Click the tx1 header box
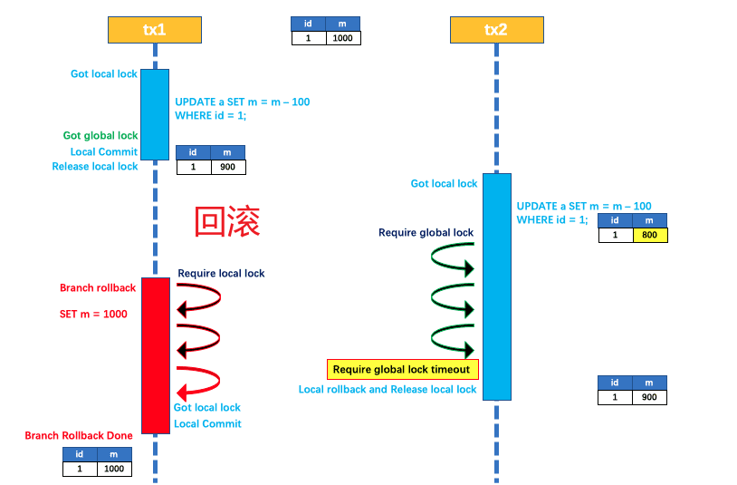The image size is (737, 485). pyautogui.click(x=155, y=30)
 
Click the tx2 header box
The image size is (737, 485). pyautogui.click(x=496, y=30)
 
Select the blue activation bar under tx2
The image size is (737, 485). pyautogui.click(x=496, y=286)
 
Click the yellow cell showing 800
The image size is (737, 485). pyautogui.click(x=648, y=235)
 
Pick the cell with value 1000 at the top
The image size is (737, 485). pyautogui.click(x=343, y=38)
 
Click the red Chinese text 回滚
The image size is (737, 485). pyautogui.click(x=227, y=221)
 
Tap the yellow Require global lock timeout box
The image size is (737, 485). pyautogui.click(x=401, y=369)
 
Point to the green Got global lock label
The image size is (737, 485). pyautogui.click(x=100, y=136)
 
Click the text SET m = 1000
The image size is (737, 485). pyautogui.click(x=93, y=314)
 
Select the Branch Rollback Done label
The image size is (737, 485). pyautogui.click(x=79, y=436)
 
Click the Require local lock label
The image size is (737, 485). pyautogui.click(x=221, y=273)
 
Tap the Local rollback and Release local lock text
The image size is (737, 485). pyautogui.click(x=388, y=390)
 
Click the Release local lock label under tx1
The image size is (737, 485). pyautogui.click(x=95, y=167)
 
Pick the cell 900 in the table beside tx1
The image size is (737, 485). pyautogui.click(x=227, y=167)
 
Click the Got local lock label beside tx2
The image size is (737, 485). pyautogui.click(x=444, y=184)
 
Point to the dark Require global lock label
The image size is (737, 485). pyautogui.click(x=426, y=233)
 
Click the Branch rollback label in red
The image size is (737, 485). pyautogui.click(x=98, y=288)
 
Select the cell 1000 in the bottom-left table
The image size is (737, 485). pyautogui.click(x=113, y=469)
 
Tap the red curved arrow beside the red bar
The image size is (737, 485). pyautogui.click(x=199, y=382)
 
